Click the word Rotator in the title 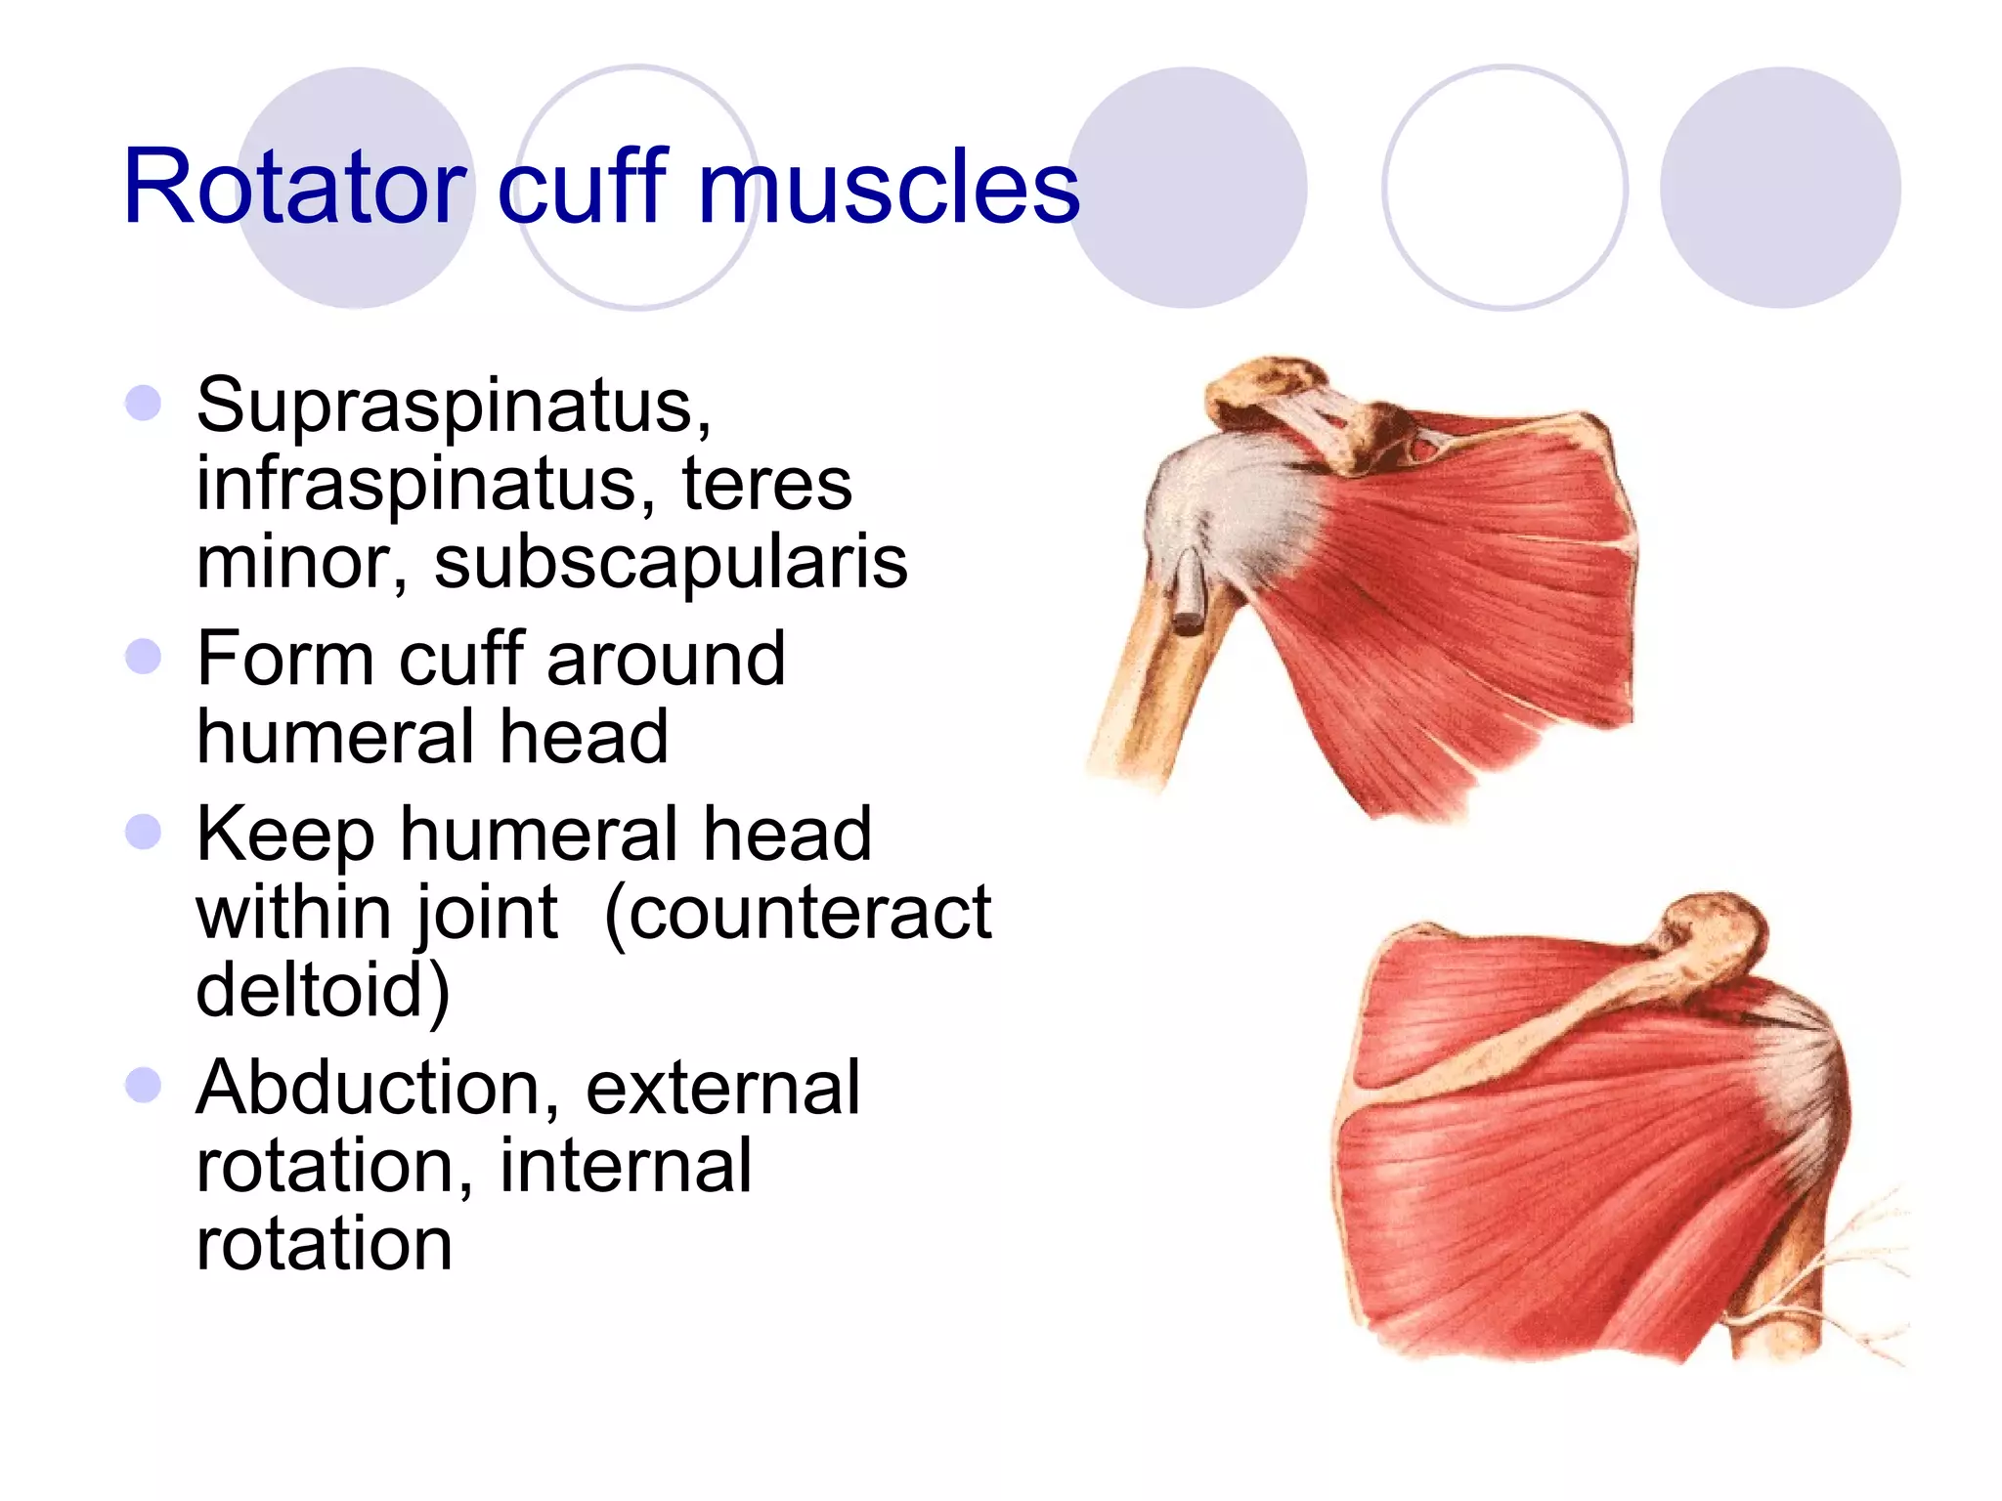click(x=293, y=186)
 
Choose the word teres click(x=766, y=484)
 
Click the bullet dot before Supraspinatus click(x=144, y=403)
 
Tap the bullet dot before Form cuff click(x=144, y=657)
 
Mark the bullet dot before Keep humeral click(x=144, y=832)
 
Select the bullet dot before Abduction click(x=144, y=1085)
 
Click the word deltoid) click(x=323, y=990)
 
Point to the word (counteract click(x=798, y=913)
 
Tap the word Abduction click(x=377, y=1088)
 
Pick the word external click(x=723, y=1088)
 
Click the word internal click(x=626, y=1166)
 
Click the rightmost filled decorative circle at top click(x=1780, y=188)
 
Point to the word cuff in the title click(x=582, y=186)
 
